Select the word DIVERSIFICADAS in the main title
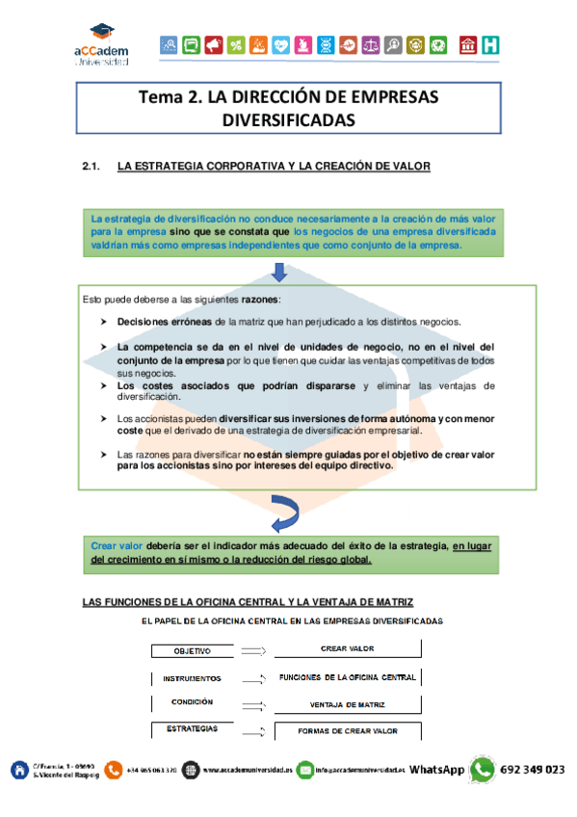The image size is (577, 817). point(288,120)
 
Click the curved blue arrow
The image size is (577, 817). point(284,514)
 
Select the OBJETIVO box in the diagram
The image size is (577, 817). point(192,651)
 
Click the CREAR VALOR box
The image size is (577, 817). point(347,649)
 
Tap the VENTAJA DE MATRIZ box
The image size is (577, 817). point(347,704)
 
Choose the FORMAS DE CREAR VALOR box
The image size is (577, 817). point(347,731)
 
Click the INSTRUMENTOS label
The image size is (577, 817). point(192,678)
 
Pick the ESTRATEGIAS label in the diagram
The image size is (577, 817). point(192,729)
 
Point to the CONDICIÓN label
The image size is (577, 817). point(192,702)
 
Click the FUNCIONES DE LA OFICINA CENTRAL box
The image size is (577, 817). point(347,677)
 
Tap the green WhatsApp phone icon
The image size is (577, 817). point(482,770)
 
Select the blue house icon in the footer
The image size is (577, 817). point(18,770)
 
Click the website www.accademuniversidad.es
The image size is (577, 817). point(246,771)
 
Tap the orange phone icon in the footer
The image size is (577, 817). point(115,770)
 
